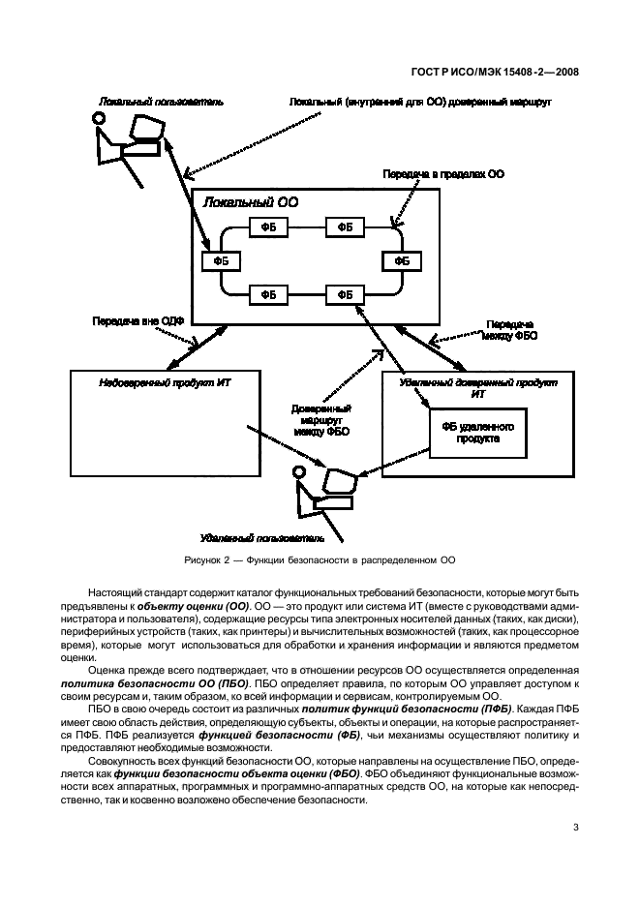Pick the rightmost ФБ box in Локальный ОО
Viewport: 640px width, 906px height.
tap(401, 261)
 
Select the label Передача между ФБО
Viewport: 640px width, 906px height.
tap(512, 330)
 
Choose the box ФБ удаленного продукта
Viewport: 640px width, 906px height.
tap(478, 432)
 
